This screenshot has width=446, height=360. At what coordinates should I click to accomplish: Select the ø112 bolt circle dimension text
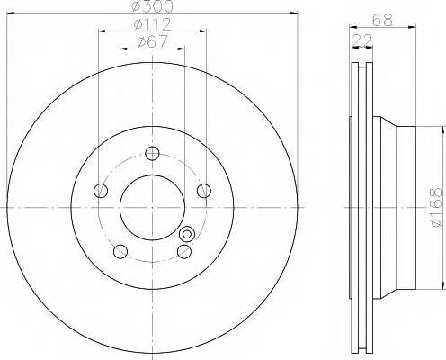[x=151, y=24]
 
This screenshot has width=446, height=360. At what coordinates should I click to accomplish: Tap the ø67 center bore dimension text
[x=151, y=40]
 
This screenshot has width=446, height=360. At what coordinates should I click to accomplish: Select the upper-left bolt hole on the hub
[x=102, y=190]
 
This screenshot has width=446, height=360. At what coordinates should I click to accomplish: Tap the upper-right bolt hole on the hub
[x=203, y=190]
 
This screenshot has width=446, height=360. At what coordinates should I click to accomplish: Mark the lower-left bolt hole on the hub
[x=120, y=249]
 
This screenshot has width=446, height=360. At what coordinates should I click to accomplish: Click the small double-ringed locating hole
[x=187, y=234]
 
